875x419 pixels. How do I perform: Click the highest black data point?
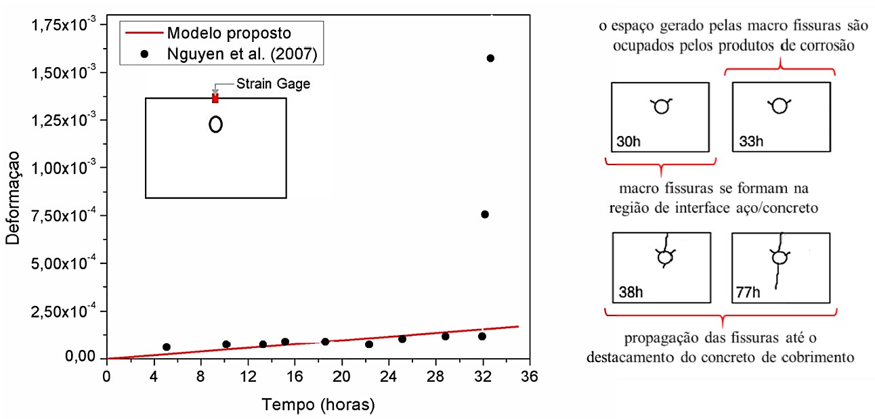click(490, 58)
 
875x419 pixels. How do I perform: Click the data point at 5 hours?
click(167, 347)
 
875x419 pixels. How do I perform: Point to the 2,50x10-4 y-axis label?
click(65, 311)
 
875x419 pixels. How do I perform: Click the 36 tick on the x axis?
click(530, 376)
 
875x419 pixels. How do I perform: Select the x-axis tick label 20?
click(342, 376)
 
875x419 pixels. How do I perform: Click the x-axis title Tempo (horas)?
click(318, 405)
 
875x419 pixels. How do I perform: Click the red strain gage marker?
click(215, 98)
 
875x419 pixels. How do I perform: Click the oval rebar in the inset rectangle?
click(216, 125)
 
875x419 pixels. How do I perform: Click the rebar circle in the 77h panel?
click(780, 258)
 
